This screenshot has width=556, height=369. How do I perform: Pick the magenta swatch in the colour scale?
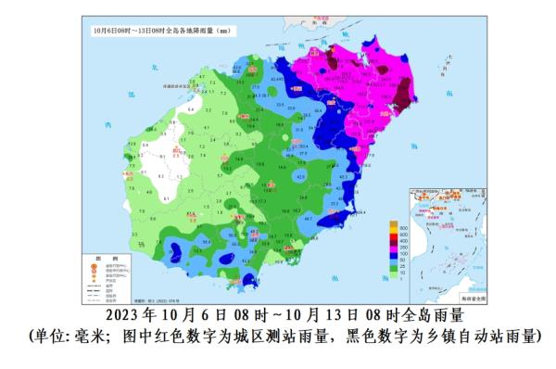pos(393,246)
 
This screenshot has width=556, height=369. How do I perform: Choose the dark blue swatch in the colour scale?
pos(393,252)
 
